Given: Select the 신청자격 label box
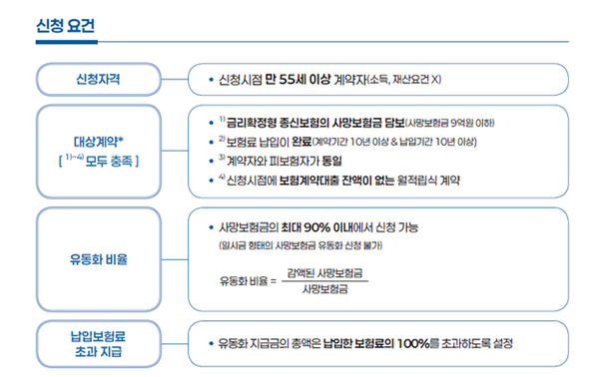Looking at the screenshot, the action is (x=99, y=78).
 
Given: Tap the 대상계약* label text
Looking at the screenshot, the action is (x=99, y=143).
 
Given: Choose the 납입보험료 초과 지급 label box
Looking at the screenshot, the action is (x=99, y=343).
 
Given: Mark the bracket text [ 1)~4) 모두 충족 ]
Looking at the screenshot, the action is (x=99, y=160).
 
